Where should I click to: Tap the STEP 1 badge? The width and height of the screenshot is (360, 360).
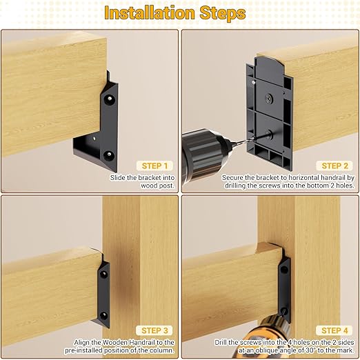coord(152,166)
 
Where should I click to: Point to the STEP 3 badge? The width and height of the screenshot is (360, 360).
coord(152,330)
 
